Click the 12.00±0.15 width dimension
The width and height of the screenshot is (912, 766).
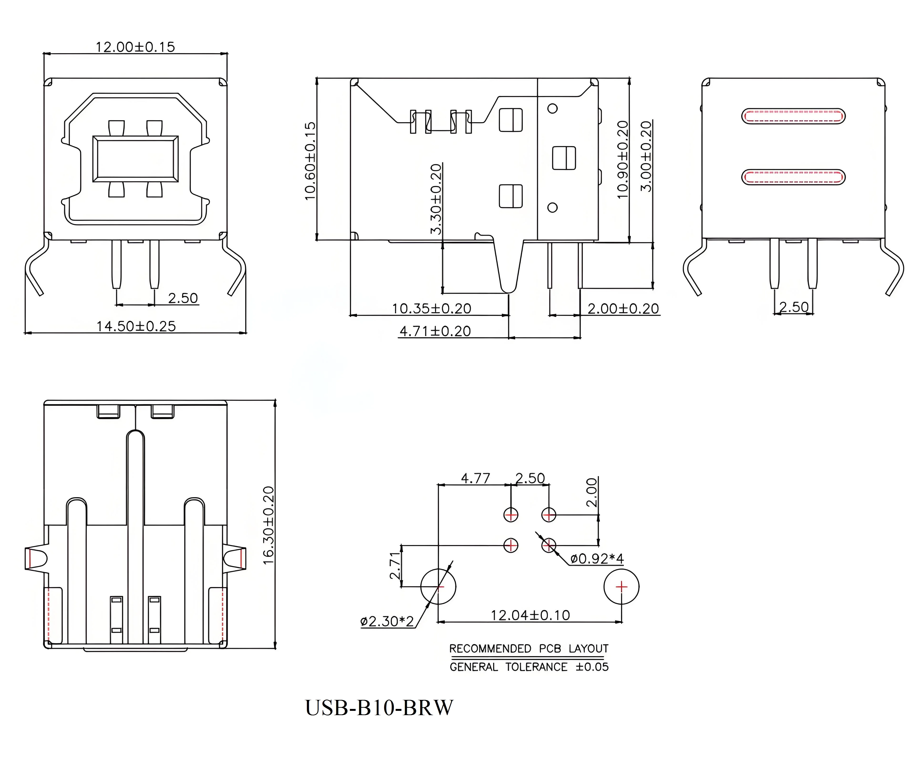point(135,47)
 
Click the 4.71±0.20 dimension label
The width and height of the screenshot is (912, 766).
point(435,331)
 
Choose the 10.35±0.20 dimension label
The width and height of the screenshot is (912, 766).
point(432,309)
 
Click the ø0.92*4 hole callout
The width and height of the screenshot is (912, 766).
point(597,559)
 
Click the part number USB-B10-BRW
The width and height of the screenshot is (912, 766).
point(379,707)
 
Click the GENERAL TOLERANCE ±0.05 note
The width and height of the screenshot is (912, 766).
point(529,667)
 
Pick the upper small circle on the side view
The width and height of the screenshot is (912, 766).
point(552,108)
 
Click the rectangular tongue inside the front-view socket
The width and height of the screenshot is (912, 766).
point(135,159)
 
